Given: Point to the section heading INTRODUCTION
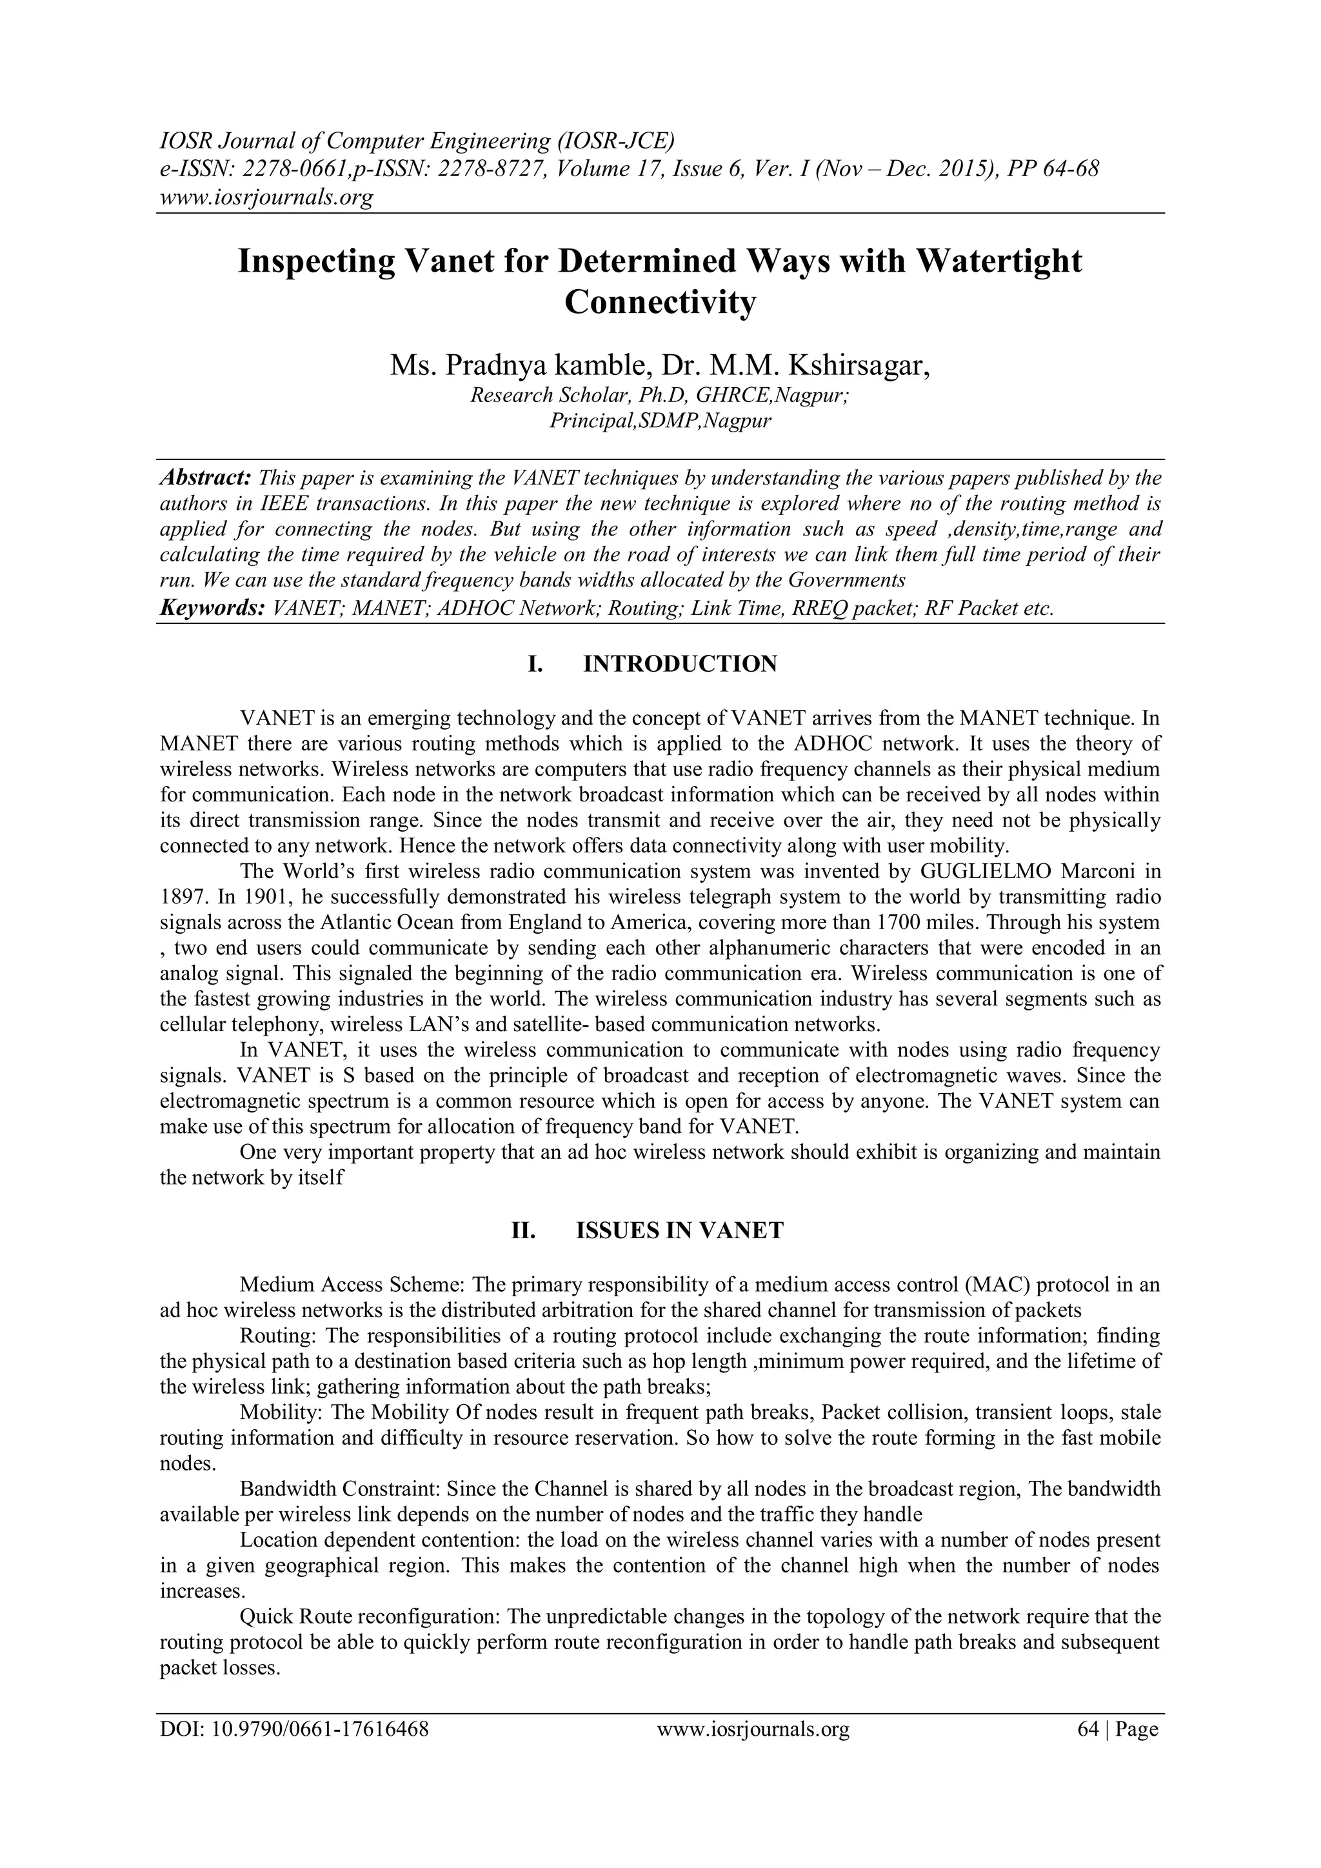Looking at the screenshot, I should pos(680,664).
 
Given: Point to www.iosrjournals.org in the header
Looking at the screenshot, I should pos(266,197).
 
